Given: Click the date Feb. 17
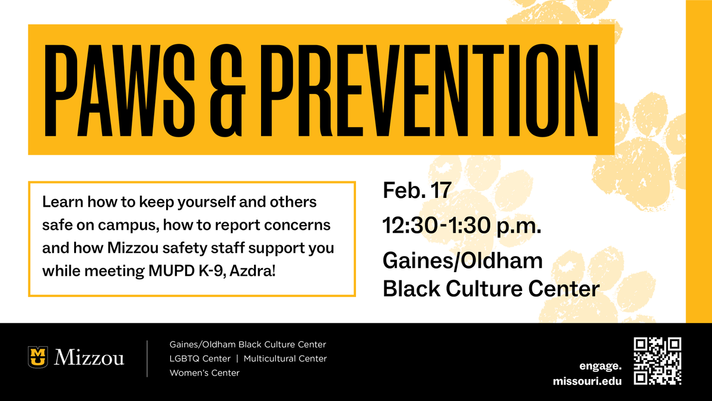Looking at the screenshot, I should (x=418, y=191).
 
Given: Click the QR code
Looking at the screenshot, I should (x=657, y=361).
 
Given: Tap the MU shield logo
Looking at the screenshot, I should (x=38, y=357).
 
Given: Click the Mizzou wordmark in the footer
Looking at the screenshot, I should (x=89, y=358).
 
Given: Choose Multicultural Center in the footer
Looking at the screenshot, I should (x=285, y=359).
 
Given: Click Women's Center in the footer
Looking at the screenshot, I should (x=204, y=373).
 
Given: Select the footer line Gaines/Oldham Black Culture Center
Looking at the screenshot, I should (x=247, y=345).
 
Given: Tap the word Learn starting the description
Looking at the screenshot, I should (x=59, y=202).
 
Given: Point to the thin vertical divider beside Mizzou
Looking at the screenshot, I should (x=147, y=358).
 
